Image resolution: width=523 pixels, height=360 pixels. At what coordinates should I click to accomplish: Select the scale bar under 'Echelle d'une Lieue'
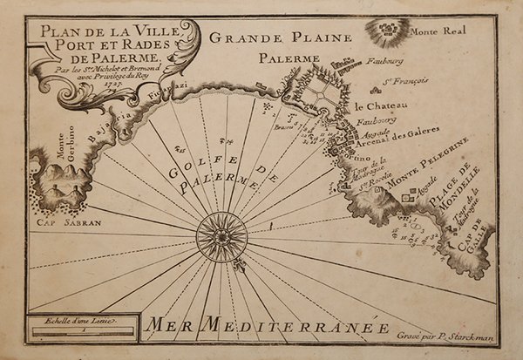click(x=81, y=330)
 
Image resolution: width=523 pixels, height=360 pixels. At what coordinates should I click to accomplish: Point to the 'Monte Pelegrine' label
click(x=429, y=164)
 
